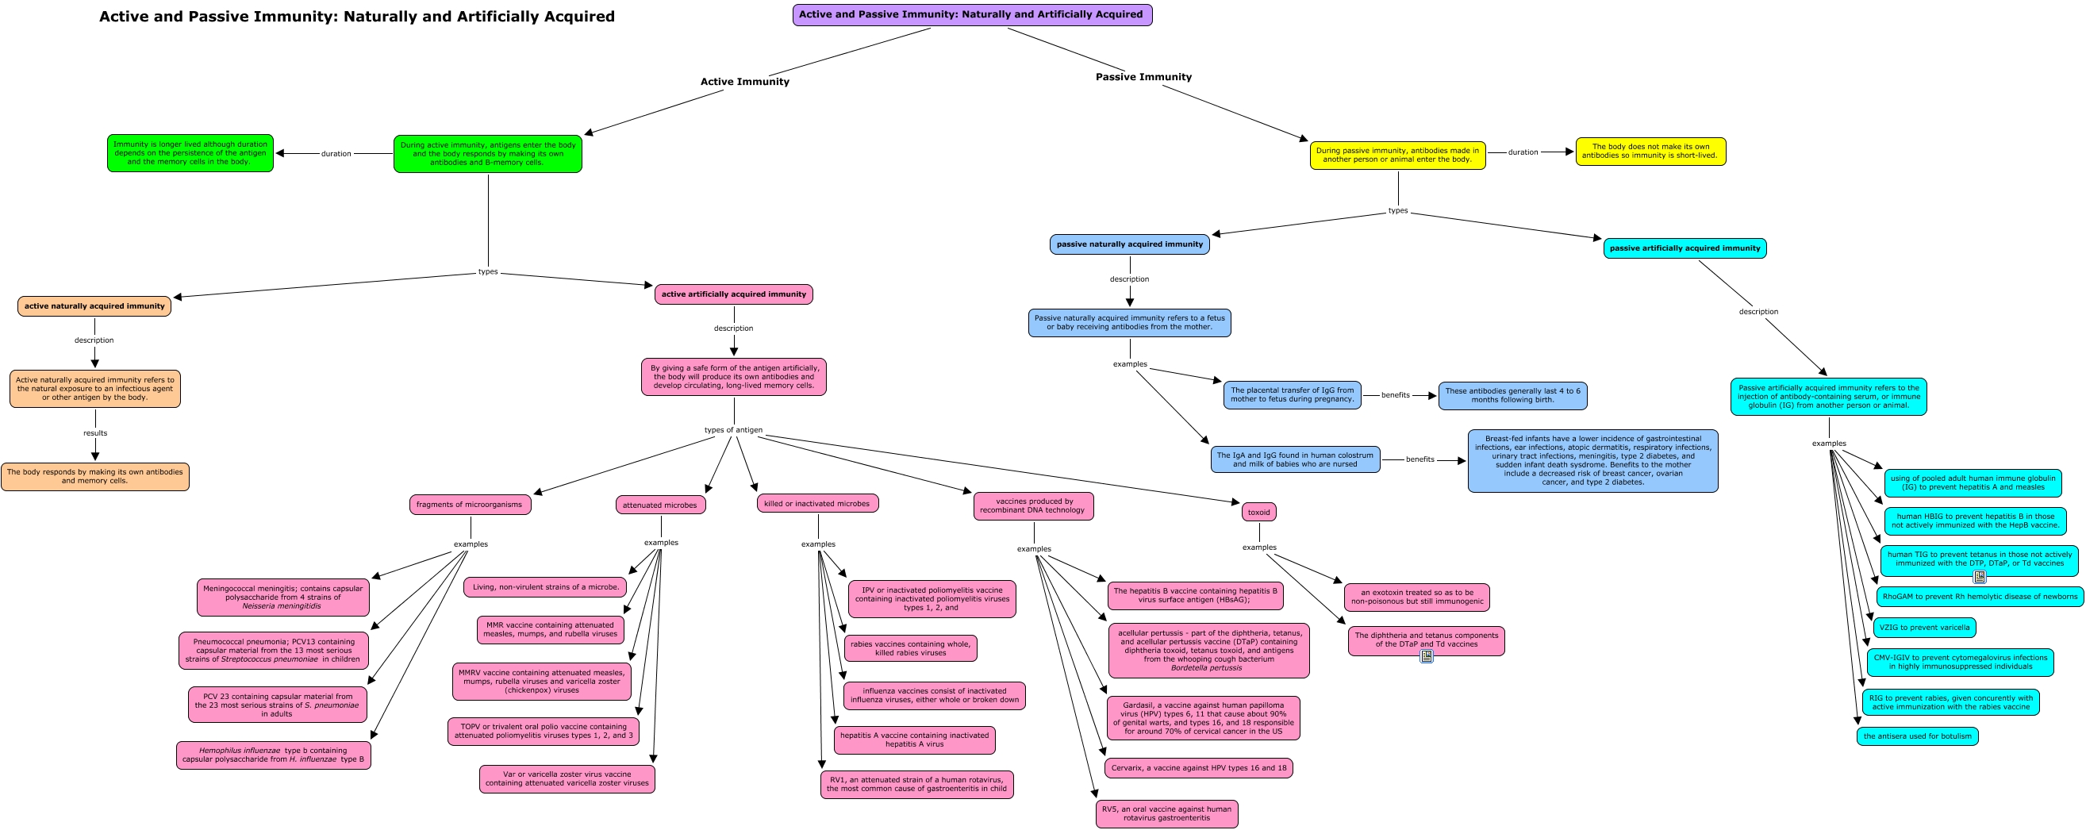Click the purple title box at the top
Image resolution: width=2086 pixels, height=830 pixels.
(972, 14)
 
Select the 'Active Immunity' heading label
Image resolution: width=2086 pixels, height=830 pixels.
(744, 82)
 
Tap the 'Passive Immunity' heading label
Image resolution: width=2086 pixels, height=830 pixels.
(1143, 77)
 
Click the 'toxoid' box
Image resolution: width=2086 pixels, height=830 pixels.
(1258, 512)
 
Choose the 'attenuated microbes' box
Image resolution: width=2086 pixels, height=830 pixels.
(660, 505)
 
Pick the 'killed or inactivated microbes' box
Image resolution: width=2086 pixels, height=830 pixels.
(817, 504)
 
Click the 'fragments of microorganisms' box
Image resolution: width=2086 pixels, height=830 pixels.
(470, 505)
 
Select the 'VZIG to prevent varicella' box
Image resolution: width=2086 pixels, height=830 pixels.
(1924, 628)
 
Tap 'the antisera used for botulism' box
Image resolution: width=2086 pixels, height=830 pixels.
(1917, 736)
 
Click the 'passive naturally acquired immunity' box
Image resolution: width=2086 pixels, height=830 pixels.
(1129, 244)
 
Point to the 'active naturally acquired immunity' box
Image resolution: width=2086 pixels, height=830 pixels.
(94, 306)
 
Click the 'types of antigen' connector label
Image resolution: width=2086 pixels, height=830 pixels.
(733, 430)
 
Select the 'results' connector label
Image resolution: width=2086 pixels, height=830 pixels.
(94, 433)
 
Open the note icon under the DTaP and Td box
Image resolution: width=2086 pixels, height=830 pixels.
(1426, 656)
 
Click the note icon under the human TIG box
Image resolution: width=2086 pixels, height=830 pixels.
(1979, 577)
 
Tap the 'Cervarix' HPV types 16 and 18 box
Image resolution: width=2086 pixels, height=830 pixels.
(1198, 767)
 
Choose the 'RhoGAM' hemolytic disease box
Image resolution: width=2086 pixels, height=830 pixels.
(1979, 597)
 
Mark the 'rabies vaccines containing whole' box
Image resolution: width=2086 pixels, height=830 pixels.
(910, 648)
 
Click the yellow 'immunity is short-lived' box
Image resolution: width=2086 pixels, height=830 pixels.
(1650, 152)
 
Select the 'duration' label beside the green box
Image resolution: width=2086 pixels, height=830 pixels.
(336, 154)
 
